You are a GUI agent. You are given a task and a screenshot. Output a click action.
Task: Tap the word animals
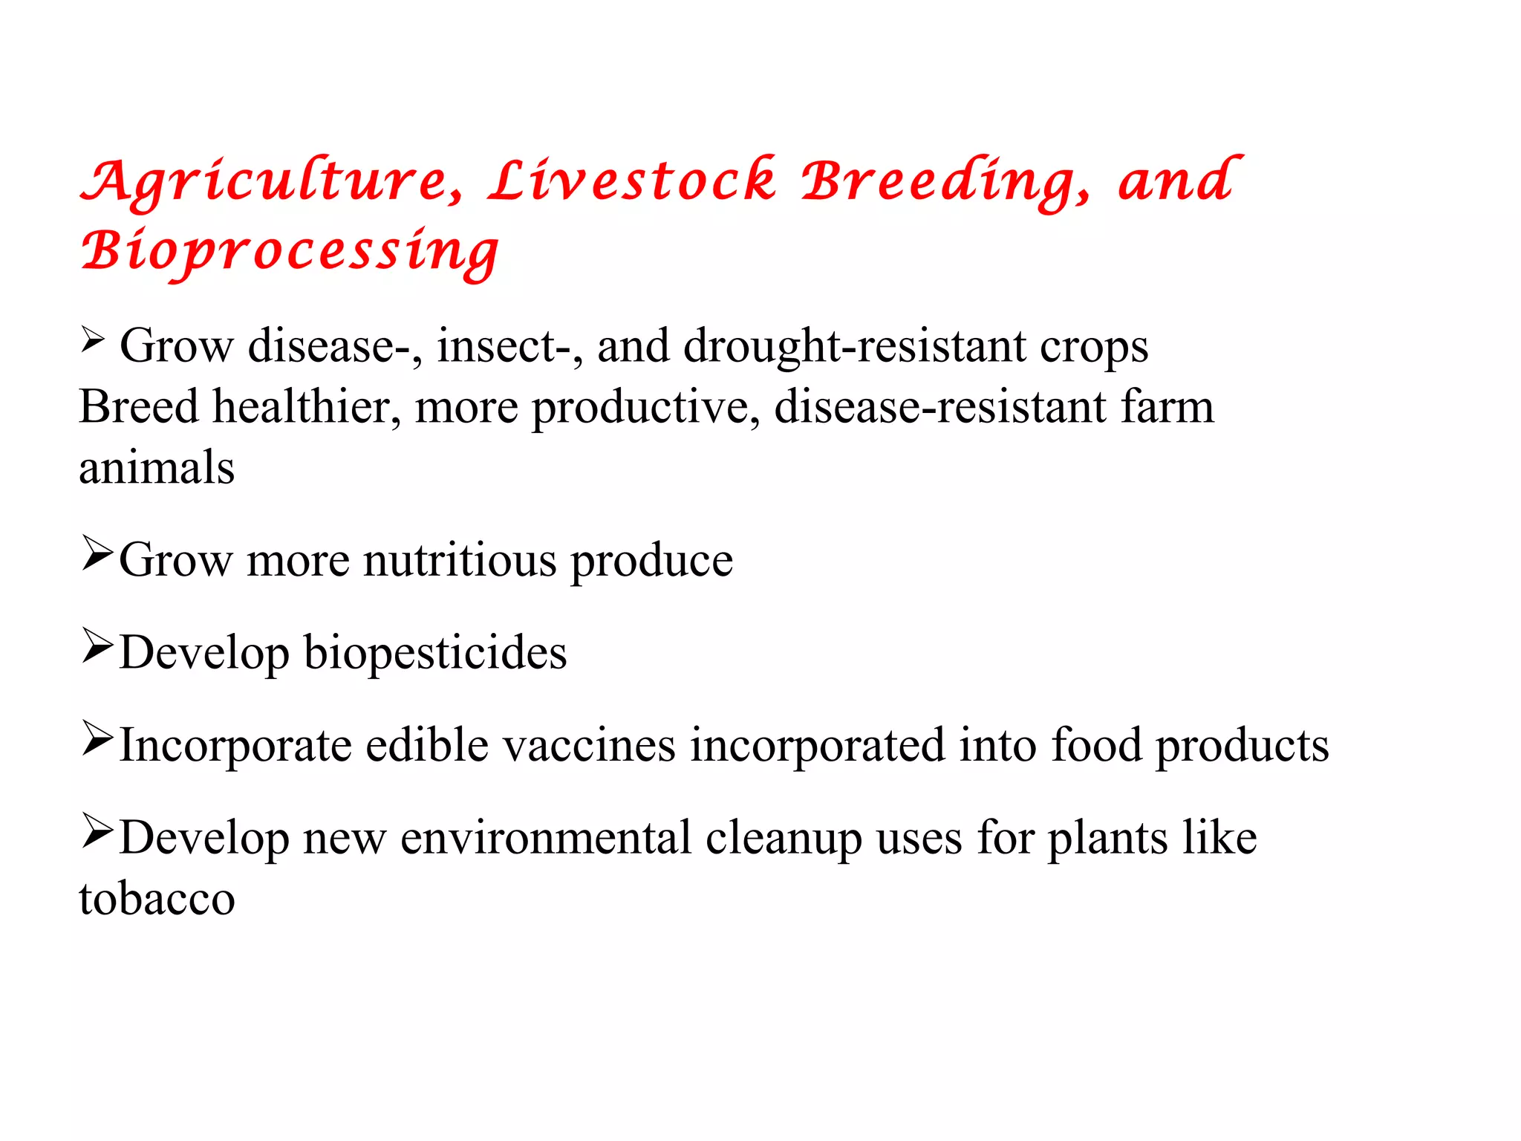click(x=157, y=468)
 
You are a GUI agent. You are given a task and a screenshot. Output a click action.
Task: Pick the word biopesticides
click(x=435, y=652)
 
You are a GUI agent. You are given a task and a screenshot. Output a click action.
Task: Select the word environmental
click(x=546, y=838)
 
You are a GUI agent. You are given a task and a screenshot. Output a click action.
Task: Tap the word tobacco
click(x=157, y=899)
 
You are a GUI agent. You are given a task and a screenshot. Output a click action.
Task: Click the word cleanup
click(x=784, y=838)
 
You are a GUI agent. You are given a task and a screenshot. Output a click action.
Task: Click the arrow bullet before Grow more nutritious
click(x=97, y=553)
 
